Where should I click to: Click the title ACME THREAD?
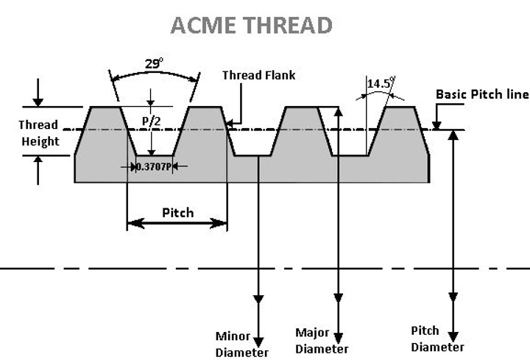coord(251,25)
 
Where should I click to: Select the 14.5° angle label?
coord(380,83)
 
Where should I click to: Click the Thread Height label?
coord(39,133)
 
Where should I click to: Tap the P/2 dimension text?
coord(151,121)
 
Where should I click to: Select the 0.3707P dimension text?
coord(155,167)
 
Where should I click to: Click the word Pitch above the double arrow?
coord(177,213)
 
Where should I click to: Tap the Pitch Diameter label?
coord(437,339)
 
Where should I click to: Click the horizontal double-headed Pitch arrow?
coord(177,224)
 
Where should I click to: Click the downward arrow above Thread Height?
coord(38,100)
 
